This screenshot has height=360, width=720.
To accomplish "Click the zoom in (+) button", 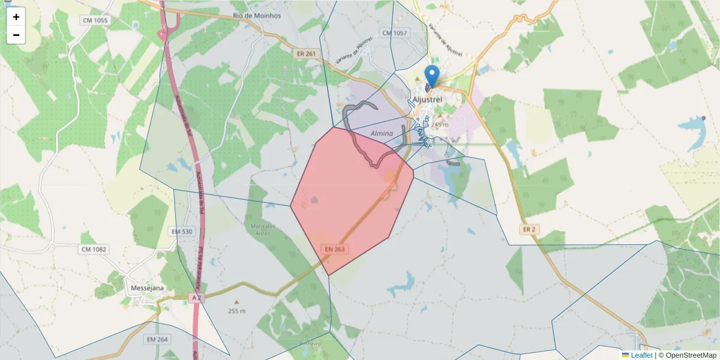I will pos(16,17).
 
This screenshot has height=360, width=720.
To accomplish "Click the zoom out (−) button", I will pos(16,35).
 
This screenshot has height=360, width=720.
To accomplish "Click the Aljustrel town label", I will pos(428,99).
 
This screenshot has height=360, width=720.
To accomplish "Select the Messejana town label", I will pos(148,288).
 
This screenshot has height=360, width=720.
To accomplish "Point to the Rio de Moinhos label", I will pos(257,16).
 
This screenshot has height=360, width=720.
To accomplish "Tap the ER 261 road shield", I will pos(305,53).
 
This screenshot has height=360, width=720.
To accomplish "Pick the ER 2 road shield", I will pos(528,229).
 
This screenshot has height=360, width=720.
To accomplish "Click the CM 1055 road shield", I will pos(94,20).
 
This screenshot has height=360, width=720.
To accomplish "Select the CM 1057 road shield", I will pos(394,33).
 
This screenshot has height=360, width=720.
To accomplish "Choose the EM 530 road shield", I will pos(182,232).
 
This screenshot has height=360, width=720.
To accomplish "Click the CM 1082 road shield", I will pos(94,248).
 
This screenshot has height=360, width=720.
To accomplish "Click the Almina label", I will pos(382,133).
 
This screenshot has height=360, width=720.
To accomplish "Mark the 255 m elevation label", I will pos(236,311).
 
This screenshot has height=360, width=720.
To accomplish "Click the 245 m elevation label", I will pos(440,125).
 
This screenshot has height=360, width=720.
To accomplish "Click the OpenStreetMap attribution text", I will pos(691,355).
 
